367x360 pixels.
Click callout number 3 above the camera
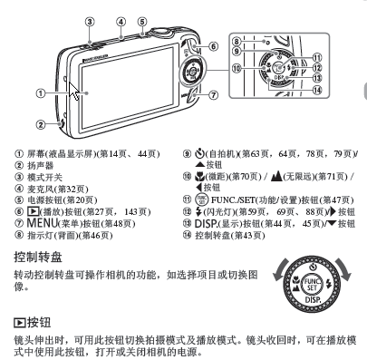tap(90, 22)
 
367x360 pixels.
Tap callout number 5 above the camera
tap(142, 22)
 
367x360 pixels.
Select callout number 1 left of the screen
tap(41, 93)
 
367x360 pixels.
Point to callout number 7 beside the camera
tap(213, 95)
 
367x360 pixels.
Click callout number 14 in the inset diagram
tap(317, 90)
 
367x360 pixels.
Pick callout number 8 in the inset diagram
tap(237, 42)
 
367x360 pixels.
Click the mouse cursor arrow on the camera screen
tap(73, 91)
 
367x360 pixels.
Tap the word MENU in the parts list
tap(42, 223)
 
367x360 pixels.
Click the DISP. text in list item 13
tap(206, 224)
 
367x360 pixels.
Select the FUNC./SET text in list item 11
tap(233, 200)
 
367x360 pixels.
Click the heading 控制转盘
tap(38, 257)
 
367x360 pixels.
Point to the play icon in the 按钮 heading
tap(20, 323)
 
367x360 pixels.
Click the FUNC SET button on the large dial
tap(312, 284)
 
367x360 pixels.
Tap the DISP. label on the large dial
tap(313, 300)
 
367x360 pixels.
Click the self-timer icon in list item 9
tap(199, 153)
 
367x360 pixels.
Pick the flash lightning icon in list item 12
tap(198, 211)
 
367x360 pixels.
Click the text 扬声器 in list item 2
tap(41, 166)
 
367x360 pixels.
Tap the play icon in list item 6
tap(34, 211)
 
